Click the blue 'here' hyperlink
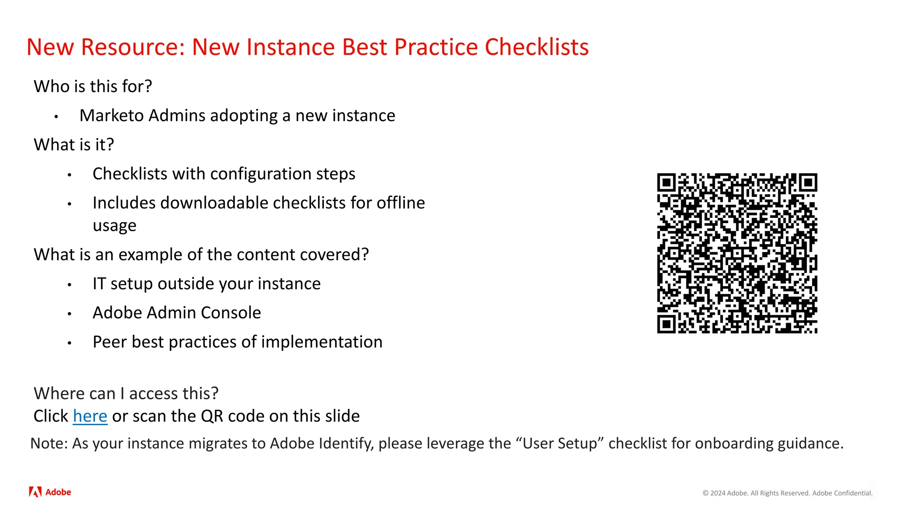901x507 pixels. point(90,416)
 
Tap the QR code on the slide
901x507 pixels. point(737,253)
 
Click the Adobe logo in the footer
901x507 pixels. point(50,492)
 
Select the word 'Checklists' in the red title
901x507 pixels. point(536,47)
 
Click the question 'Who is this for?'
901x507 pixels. point(93,86)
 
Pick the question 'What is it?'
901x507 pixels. point(74,144)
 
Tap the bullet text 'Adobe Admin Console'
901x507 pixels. point(176,312)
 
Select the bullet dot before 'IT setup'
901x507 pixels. point(70,285)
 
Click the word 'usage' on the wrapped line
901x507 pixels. point(114,226)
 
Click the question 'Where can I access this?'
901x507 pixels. point(126,393)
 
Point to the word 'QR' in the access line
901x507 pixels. point(212,416)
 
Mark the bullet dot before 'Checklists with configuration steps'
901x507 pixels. point(70,175)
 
